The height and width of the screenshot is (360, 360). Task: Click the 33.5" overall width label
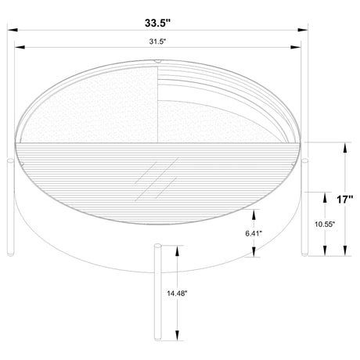pyautogui.click(x=157, y=23)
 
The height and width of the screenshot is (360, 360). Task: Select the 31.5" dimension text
pyautogui.click(x=157, y=41)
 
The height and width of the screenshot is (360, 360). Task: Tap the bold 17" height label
pyautogui.click(x=344, y=200)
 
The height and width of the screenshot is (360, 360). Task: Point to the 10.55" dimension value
pyautogui.click(x=325, y=224)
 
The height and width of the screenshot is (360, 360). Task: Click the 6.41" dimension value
pyautogui.click(x=254, y=233)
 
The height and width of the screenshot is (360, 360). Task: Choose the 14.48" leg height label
pyautogui.click(x=177, y=293)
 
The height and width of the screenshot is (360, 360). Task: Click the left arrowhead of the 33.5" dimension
pyautogui.click(x=13, y=30)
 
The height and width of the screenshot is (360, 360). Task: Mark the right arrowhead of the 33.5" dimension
pyautogui.click(x=303, y=30)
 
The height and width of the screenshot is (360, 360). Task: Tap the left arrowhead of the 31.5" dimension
pyautogui.click(x=20, y=47)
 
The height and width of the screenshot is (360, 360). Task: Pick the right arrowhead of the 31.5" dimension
pyautogui.click(x=296, y=47)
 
